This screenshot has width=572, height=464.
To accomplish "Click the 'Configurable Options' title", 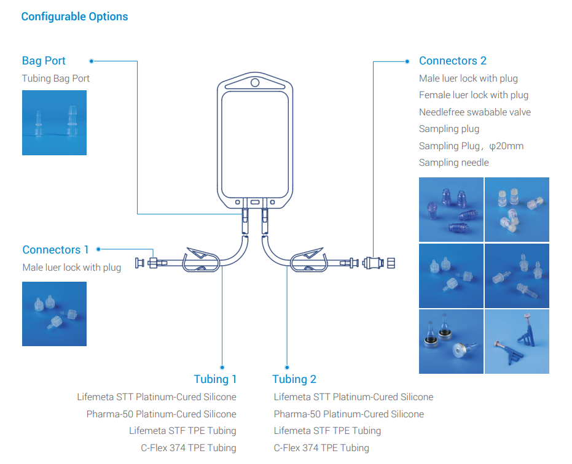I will (x=74, y=17).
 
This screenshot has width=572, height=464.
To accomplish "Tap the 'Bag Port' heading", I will (x=44, y=61).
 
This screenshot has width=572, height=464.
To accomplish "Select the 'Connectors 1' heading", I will (x=55, y=250).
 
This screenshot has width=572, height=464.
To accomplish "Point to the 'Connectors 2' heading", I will (x=452, y=61).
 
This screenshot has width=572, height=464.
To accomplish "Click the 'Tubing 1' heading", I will (x=214, y=379).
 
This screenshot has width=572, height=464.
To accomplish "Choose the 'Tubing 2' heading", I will (x=294, y=379).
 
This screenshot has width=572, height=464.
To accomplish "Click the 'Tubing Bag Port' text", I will (x=55, y=79).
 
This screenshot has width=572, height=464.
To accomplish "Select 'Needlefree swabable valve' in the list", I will (x=474, y=112).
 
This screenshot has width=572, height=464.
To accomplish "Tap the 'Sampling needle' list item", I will (x=453, y=163).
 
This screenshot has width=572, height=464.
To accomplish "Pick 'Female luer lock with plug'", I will (x=473, y=95).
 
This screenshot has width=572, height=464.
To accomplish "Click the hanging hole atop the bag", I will (x=255, y=82).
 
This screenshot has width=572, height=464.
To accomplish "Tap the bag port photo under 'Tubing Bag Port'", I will (x=54, y=122).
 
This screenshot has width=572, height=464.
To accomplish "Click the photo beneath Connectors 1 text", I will (x=54, y=313).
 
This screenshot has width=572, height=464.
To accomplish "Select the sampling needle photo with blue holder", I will (x=517, y=341).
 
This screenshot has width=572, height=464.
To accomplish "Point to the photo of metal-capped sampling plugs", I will (x=451, y=341).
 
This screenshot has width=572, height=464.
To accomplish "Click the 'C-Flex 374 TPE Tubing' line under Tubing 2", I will (x=321, y=448).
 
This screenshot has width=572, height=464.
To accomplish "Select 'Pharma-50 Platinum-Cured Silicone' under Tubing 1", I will (x=161, y=414).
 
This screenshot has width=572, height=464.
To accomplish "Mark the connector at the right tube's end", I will (x=379, y=263).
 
